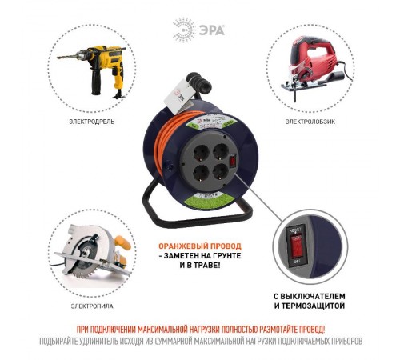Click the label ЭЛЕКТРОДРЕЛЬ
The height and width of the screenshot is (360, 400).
pos(90,122)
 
